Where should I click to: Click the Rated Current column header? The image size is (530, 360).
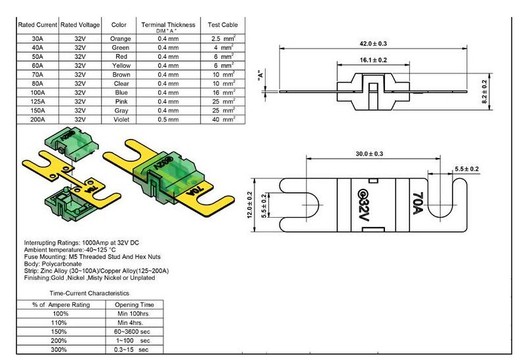click(x=37, y=25)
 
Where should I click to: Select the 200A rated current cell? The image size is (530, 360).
click(x=37, y=120)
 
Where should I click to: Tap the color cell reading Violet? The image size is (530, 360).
click(x=119, y=120)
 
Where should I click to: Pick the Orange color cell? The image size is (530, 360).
click(x=119, y=39)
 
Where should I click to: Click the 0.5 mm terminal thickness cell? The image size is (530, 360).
click(x=168, y=120)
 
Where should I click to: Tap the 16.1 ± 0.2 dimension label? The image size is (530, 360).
click(x=373, y=60)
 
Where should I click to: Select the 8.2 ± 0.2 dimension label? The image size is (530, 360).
click(x=485, y=92)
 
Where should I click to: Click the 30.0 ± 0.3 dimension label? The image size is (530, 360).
click(x=369, y=154)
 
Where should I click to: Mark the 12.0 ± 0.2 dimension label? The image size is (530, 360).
click(x=250, y=206)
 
